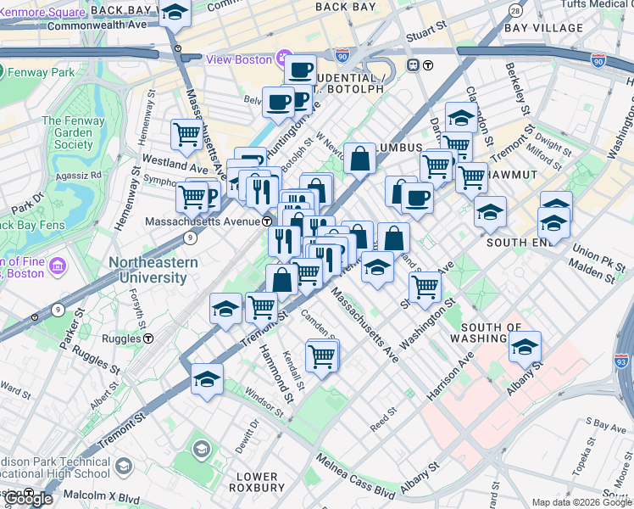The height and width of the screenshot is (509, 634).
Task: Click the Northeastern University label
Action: click(x=153, y=270)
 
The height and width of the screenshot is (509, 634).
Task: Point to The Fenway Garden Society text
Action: click(x=67, y=132)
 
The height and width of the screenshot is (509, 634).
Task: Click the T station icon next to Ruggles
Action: click(x=148, y=338)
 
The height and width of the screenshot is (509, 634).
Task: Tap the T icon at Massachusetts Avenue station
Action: click(x=267, y=221)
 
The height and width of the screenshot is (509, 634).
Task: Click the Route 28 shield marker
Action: click(x=514, y=9)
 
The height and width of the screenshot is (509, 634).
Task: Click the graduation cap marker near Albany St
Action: click(x=525, y=347)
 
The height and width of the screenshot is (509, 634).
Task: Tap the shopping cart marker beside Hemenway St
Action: click(x=186, y=133)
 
